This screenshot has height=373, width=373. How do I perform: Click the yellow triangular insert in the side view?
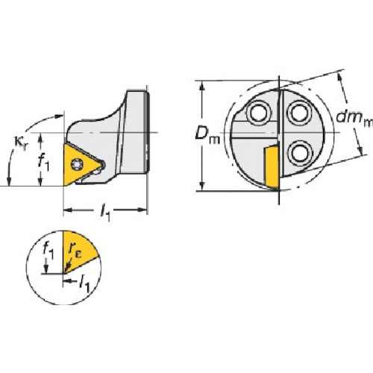click(80, 164)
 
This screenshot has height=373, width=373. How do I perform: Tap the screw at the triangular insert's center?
click(77, 164)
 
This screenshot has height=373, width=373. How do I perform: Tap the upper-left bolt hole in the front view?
click(259, 113)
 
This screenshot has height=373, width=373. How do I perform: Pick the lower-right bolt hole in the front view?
click(300, 153)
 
